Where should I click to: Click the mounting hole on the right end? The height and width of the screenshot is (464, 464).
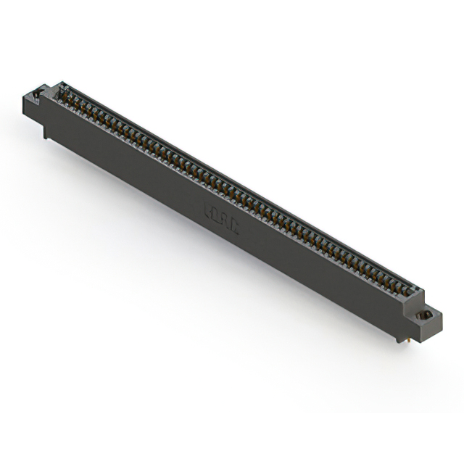pyautogui.click(x=427, y=315)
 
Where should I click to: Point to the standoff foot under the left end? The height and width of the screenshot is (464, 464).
pyautogui.click(x=45, y=133)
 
